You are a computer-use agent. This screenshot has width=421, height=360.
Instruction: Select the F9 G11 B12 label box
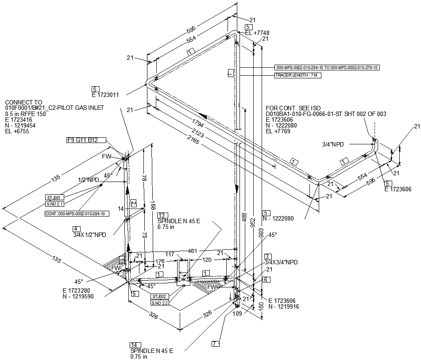[82, 140]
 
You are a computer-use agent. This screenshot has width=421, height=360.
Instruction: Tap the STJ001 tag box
[55, 197]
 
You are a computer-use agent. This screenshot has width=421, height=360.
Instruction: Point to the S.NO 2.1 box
[55, 204]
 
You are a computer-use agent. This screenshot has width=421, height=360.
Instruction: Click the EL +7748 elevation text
[257, 33]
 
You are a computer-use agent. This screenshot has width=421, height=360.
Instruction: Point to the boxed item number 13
[160, 215]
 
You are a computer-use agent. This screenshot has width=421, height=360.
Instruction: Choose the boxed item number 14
[133, 345]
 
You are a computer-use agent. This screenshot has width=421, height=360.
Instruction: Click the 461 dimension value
[193, 251]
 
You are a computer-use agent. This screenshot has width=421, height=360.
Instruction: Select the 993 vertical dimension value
[261, 234]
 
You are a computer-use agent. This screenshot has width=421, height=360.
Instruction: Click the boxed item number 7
[215, 344]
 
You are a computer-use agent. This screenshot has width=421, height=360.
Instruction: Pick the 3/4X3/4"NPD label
[281, 263]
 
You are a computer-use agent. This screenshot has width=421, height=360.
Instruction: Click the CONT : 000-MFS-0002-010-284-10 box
[77, 214]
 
